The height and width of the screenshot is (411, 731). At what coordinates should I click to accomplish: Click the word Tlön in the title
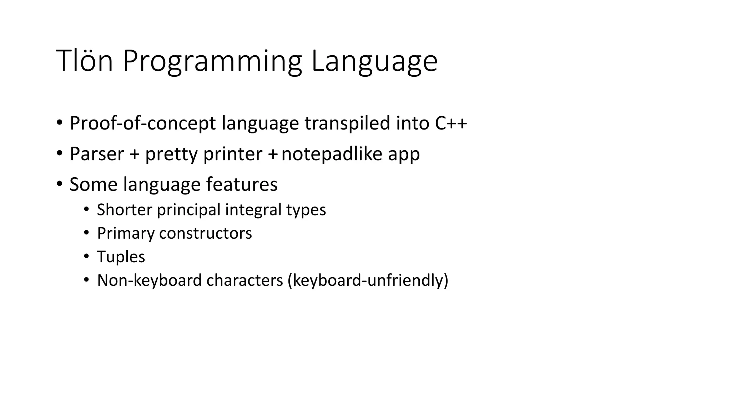85,61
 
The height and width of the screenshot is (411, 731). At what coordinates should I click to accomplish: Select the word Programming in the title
212,61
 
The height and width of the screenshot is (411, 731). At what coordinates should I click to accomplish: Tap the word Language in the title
374,61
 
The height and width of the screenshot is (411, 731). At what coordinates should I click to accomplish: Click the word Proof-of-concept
143,123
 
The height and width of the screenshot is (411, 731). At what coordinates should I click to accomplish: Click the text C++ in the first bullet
451,123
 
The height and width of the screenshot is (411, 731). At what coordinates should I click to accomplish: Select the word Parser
97,154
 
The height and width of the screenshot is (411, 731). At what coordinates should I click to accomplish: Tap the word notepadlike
332,154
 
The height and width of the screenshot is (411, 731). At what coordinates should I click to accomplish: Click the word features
242,185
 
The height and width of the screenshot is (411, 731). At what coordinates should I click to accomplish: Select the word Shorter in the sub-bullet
125,209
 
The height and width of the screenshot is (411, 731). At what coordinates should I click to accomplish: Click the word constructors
206,233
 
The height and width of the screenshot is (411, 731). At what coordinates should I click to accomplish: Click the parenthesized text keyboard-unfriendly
368,280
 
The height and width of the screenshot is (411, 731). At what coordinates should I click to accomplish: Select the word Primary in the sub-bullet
126,234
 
